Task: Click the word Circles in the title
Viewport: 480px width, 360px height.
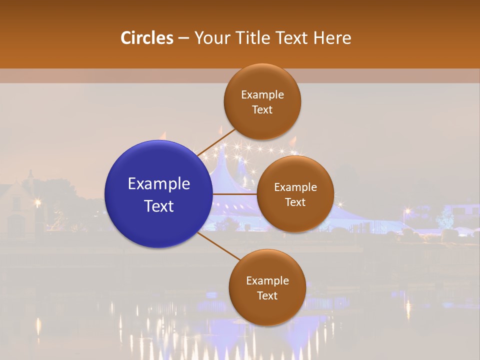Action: pos(146,38)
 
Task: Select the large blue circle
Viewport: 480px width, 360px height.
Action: pos(158,194)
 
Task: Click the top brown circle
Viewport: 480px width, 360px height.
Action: pos(262,101)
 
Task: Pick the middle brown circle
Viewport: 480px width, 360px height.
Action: pos(295,194)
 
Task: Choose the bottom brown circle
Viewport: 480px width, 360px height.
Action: pos(267,287)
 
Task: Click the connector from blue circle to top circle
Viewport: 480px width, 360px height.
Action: pos(216,142)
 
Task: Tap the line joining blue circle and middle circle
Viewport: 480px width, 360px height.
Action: pos(234,194)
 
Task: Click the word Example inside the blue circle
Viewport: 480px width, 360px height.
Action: pos(158,184)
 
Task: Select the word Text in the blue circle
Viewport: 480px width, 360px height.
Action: pos(158,206)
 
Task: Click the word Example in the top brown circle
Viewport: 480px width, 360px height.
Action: pos(262,94)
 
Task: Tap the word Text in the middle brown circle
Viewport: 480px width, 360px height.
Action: pos(295,202)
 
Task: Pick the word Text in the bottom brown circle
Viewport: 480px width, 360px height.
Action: pos(267,295)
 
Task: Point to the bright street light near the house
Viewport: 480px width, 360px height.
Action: pos(37,202)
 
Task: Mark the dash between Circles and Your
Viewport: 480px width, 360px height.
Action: pos(183,38)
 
